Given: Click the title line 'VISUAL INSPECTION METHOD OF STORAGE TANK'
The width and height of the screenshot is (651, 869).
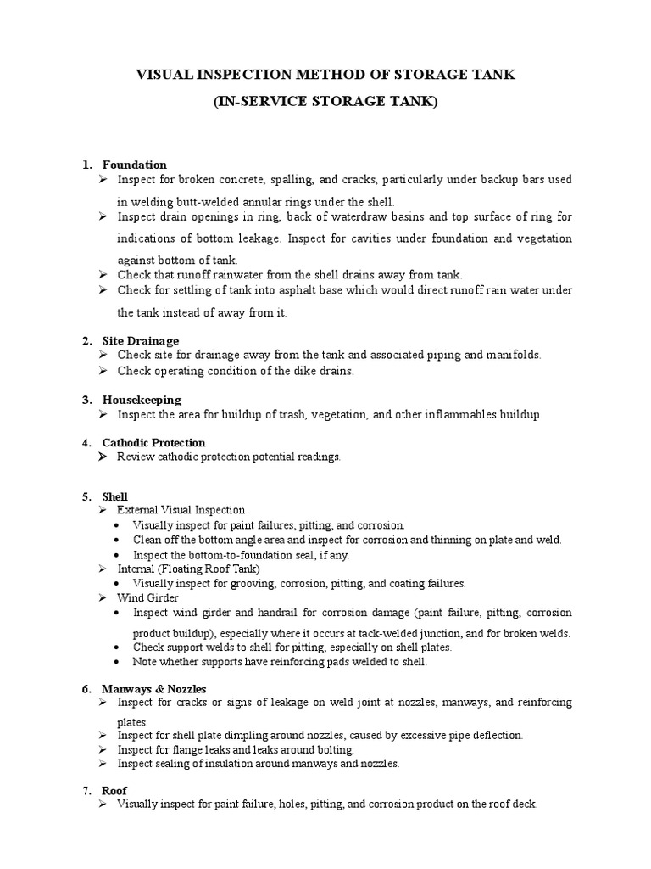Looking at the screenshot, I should tap(325, 76).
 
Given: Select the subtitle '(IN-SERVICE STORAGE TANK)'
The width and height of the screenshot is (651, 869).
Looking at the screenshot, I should tap(325, 102).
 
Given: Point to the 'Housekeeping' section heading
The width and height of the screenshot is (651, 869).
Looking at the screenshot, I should tap(142, 399).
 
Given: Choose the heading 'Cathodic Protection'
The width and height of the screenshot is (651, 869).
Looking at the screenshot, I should tap(153, 442).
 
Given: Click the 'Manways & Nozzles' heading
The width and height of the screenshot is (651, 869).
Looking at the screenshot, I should tap(153, 688).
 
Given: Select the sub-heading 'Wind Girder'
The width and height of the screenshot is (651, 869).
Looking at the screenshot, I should tap(147, 597).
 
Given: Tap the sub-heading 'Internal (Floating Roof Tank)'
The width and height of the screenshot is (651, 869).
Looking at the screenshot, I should tap(188, 569).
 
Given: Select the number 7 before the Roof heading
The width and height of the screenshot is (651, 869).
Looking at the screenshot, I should tap(86, 790).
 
